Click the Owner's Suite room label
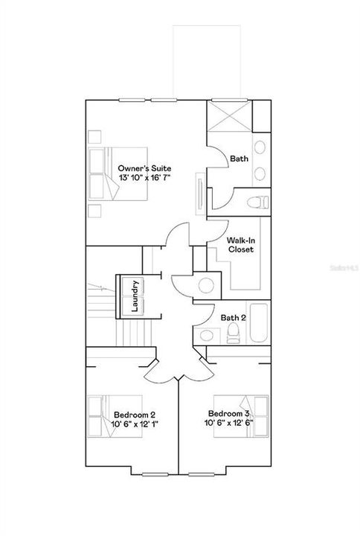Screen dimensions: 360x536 [144, 168]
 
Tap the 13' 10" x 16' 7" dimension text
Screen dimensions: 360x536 [144, 177]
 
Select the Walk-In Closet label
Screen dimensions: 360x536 [241, 245]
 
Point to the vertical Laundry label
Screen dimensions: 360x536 [135, 296]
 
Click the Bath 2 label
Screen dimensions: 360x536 [234, 318]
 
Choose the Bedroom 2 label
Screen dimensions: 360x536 [135, 415]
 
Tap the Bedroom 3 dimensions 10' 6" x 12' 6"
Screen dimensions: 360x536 [228, 423]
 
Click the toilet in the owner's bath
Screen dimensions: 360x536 [258, 202]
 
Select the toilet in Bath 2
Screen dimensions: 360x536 [234, 333]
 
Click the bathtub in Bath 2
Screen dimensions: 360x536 [259, 322]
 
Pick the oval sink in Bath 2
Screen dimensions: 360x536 [207, 335]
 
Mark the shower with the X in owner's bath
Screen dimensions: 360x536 [230, 116]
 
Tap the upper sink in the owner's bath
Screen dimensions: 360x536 [260, 147]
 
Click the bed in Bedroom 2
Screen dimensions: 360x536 [115, 416]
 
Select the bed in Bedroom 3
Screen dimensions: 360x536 [241, 416]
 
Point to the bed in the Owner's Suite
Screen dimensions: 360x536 [118, 174]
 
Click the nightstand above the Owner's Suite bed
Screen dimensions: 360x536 [94, 137]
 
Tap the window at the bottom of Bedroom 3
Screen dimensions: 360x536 [201, 474]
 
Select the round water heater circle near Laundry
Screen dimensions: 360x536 [206, 285]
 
